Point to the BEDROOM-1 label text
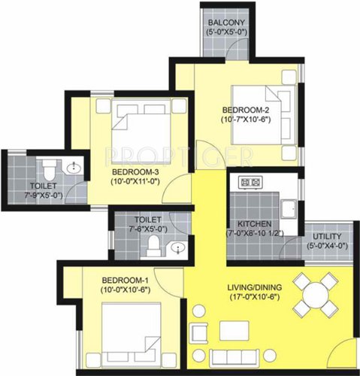[x=126, y=281]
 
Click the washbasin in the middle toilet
[x=178, y=247]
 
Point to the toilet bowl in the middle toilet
[x=153, y=245]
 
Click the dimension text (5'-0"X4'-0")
[x=326, y=245]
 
